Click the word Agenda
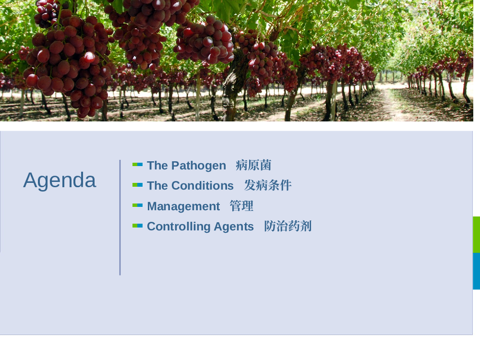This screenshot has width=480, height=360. pos(60,180)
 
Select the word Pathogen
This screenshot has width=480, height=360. pos(199,166)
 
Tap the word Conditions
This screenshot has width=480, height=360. pos(203,185)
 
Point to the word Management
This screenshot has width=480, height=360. pos(183,206)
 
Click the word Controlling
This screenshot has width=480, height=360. pos(179,227)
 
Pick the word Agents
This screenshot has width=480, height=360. pos(234,227)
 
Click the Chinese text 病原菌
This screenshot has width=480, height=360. pos(253,165)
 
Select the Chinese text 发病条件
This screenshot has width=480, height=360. pos(268,185)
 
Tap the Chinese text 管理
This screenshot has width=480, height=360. pos(241,206)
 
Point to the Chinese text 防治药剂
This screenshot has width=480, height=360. pos(288,226)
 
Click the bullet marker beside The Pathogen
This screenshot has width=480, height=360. pos(137,165)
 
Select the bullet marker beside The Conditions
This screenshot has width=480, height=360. pos(137,185)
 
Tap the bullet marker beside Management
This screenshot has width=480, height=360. pos(137,205)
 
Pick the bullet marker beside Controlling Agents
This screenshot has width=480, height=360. pos(137,226)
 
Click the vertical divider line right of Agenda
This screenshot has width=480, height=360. pos(120,217)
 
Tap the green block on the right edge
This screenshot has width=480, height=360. pos(476,235)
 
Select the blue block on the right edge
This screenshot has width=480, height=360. pos(476,271)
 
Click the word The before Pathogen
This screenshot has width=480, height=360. pos(157,166)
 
